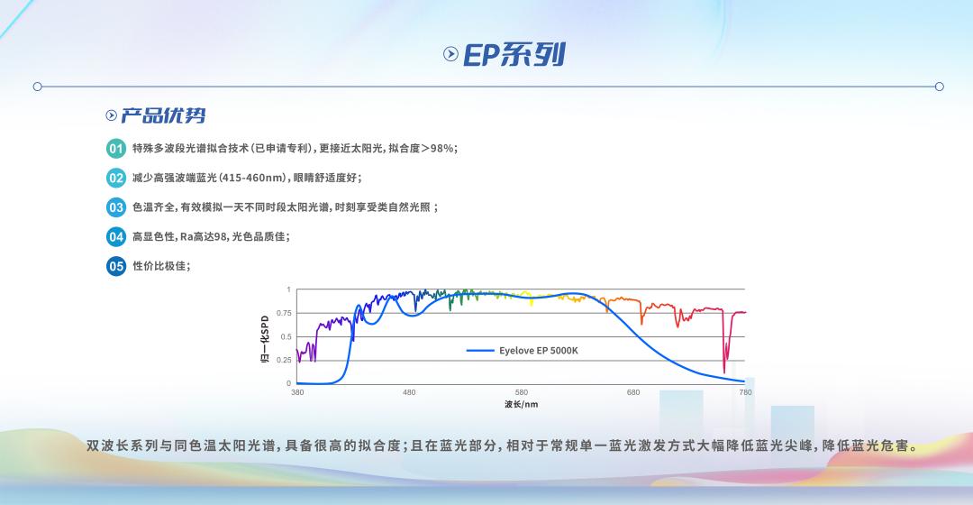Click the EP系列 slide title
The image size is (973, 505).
[x=514, y=54]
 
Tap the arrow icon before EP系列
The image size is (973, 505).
[x=451, y=54]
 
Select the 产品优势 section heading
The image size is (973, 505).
[x=163, y=115]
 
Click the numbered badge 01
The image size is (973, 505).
[x=116, y=148]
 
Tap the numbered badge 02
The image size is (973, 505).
[x=116, y=178]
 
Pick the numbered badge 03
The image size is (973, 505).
[x=116, y=207]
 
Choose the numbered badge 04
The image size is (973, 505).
[x=116, y=237]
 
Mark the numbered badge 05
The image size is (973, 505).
[x=116, y=266]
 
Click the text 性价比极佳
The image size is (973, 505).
[x=160, y=266]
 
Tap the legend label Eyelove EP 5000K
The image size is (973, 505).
[x=538, y=350]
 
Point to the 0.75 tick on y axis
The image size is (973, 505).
[x=283, y=313]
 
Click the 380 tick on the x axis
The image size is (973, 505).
[x=297, y=392]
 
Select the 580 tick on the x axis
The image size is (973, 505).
[x=522, y=392]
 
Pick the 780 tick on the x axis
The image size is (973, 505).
[x=745, y=392]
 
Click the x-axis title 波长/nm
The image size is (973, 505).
[x=521, y=404]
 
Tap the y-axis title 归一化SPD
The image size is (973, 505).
[x=265, y=339]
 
